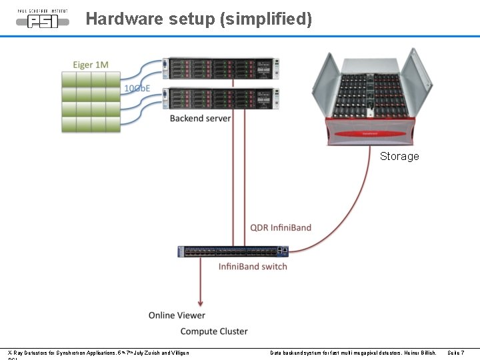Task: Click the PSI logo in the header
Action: (42, 18)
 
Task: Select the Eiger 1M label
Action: (91, 65)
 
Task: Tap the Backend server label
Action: (200, 118)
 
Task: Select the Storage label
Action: (399, 156)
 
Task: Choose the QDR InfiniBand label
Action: (281, 227)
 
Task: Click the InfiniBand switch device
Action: (233, 251)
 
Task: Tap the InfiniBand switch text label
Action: (253, 267)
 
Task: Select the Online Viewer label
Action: (177, 315)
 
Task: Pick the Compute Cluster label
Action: (214, 331)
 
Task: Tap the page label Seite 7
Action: (456, 352)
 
